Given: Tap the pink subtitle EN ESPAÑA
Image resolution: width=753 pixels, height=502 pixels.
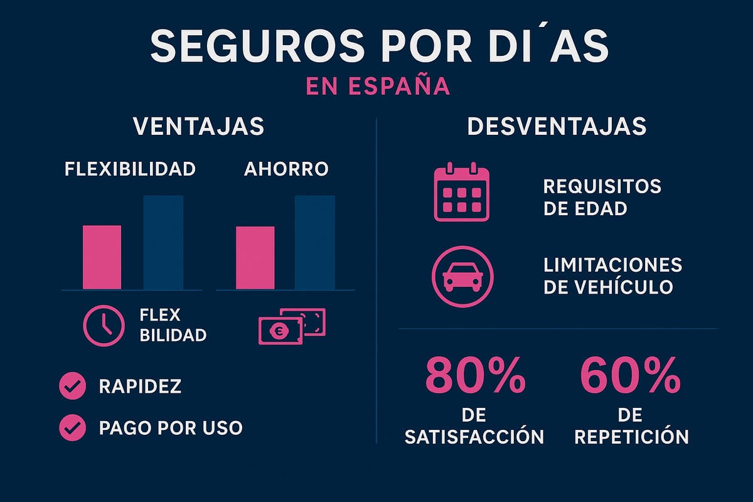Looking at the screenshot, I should tap(376, 85).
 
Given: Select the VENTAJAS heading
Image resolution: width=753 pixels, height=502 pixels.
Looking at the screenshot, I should tap(198, 126).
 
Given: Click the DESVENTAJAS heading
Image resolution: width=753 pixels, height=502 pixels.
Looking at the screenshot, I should tap(557, 126).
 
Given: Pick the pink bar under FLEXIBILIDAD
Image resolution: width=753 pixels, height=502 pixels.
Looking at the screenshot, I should tap(102, 257).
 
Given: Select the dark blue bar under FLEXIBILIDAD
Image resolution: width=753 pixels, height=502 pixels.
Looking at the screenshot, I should tap(163, 242).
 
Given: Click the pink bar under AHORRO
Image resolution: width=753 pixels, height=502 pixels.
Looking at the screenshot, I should tap(255, 258).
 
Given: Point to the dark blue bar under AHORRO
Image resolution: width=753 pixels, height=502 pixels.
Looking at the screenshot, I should tap(315, 242).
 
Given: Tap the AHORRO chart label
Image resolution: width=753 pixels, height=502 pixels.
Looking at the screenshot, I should tap(286, 169).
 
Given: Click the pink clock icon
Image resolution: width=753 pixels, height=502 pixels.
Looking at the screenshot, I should tap(104, 325).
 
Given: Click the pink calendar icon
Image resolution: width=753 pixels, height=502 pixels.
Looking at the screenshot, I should tap(461, 192).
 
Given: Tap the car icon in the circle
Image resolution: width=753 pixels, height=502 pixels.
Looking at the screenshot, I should tap(463, 275).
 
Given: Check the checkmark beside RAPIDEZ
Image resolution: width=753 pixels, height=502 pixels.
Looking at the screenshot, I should tap(72, 387).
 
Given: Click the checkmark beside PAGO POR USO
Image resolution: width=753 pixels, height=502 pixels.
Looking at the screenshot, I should tap(72, 428).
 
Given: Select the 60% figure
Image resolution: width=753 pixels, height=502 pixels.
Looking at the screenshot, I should tap(631, 375).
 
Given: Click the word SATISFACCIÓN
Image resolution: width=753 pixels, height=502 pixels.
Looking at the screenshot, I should tap(474, 437).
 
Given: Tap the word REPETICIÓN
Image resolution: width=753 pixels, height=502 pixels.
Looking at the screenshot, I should tap(631, 437).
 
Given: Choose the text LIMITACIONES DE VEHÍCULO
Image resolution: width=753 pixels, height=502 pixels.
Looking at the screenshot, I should tap(612, 275).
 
